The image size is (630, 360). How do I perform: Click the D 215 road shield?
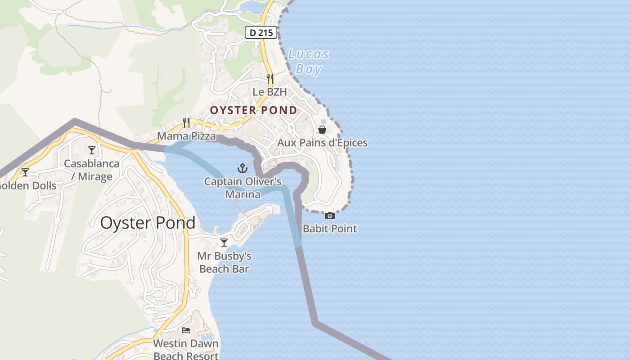click(261, 32)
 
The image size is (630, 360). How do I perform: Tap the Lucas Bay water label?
click(309, 62)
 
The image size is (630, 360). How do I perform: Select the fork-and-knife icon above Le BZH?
click(270, 79)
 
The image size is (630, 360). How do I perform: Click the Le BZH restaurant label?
click(270, 92)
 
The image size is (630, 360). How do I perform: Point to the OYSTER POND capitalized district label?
click(254, 110)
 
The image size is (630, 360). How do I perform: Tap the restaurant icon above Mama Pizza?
click(186, 122)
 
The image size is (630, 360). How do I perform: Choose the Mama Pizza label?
click(186, 136)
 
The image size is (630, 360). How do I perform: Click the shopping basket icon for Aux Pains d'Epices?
click(322, 130)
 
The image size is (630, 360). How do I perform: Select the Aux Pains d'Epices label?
click(322, 143)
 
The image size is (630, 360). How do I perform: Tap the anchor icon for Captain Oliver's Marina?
click(243, 168)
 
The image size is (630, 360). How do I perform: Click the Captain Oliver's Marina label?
click(243, 188)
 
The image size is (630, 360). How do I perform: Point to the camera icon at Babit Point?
click(330, 216)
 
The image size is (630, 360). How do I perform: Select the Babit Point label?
click(330, 229)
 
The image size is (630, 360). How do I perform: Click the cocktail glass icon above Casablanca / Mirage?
click(92, 150)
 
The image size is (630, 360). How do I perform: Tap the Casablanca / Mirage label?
click(92, 170)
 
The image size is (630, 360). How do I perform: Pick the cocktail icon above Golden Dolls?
click(25, 172)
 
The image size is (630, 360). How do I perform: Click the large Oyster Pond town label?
click(148, 223)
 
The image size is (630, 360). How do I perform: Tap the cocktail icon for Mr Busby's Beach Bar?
click(224, 243)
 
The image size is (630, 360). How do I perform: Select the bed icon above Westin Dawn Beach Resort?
click(186, 330)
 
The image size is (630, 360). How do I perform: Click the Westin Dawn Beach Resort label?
click(186, 349)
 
